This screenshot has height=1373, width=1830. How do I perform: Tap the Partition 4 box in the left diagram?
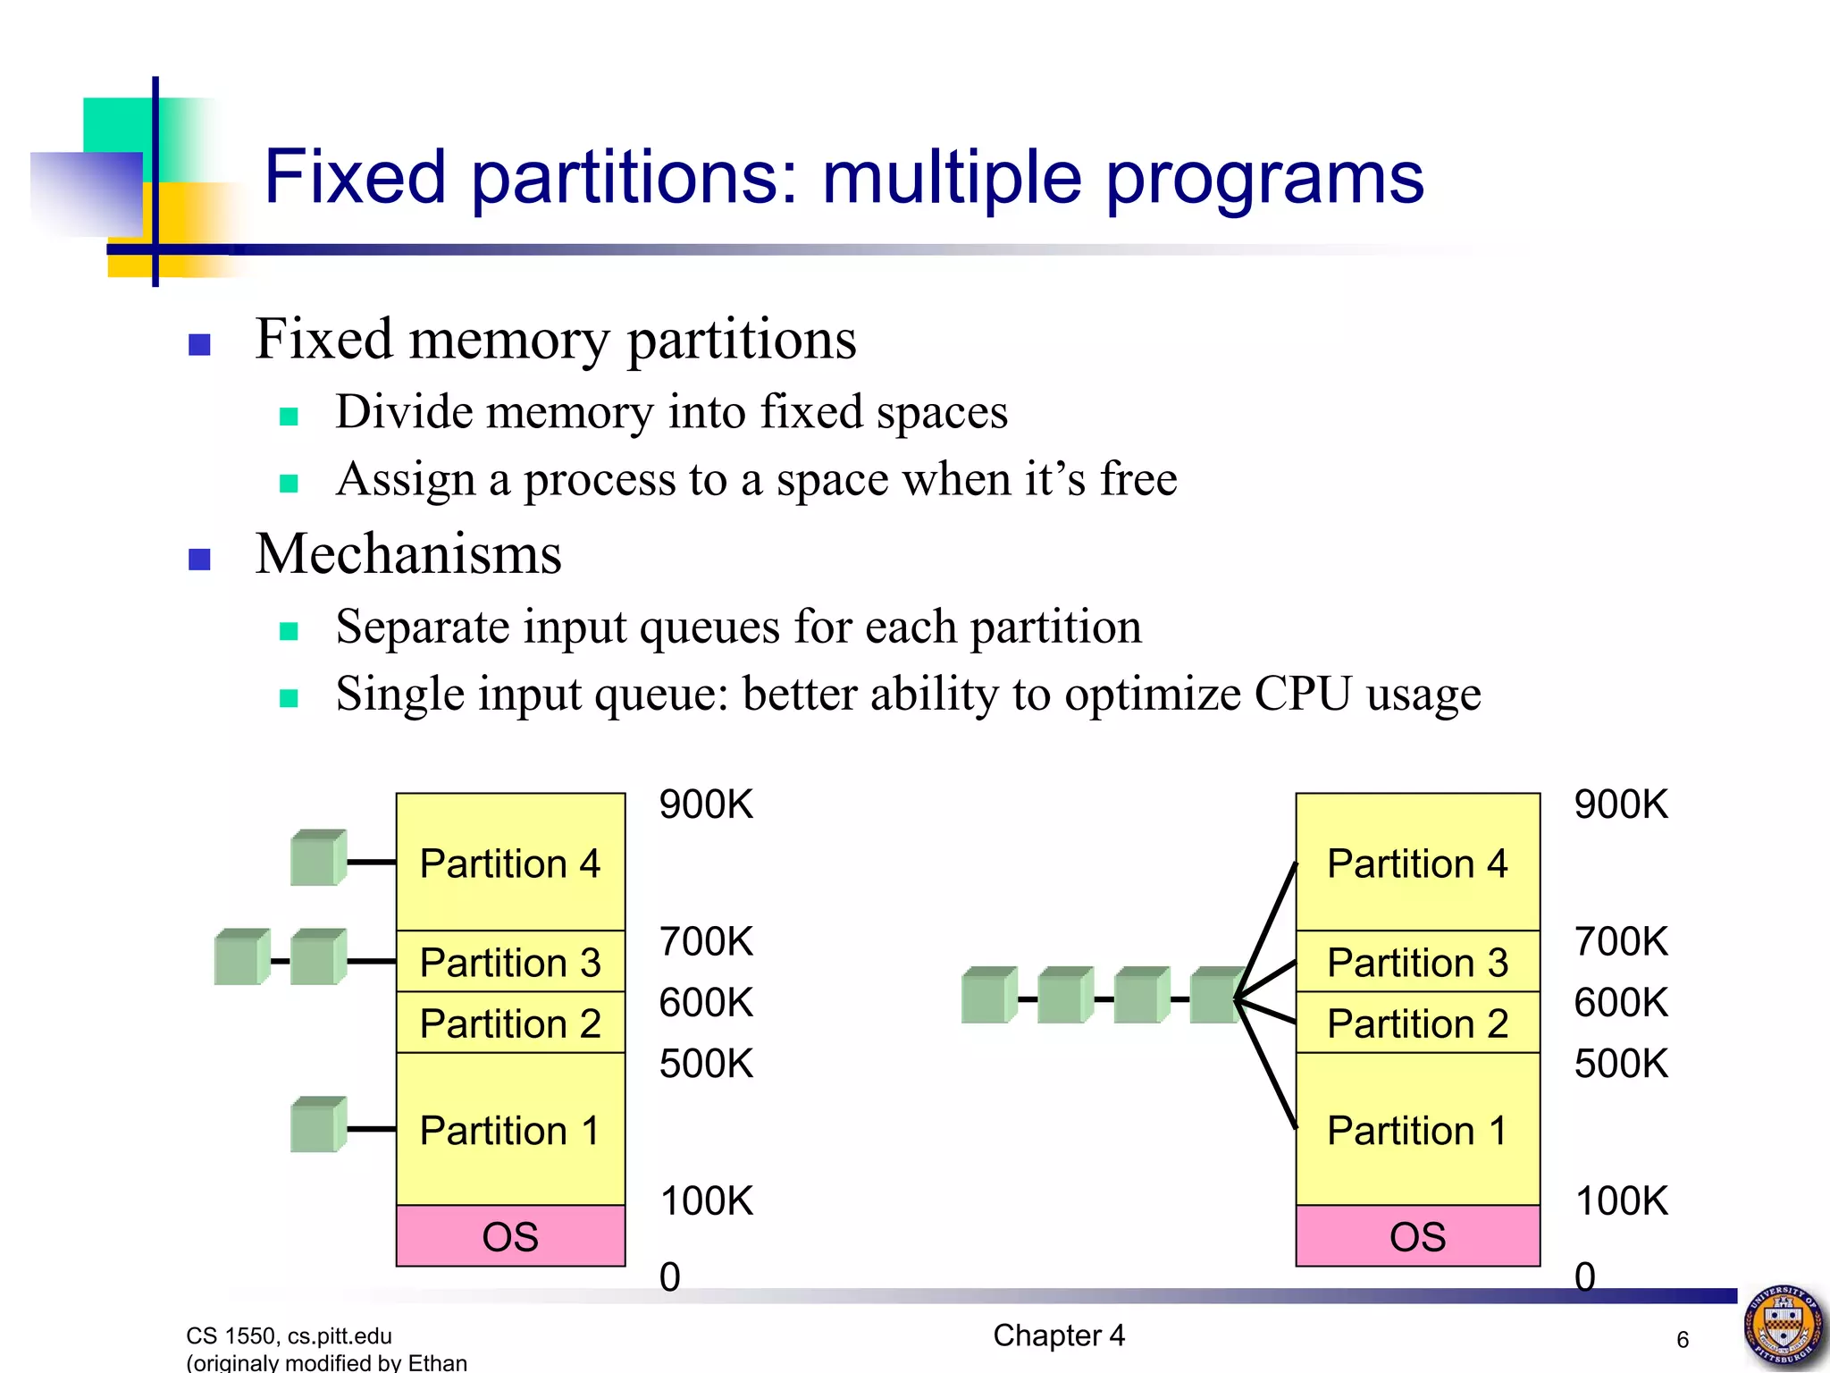point(510,862)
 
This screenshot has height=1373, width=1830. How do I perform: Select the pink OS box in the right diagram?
point(1417,1236)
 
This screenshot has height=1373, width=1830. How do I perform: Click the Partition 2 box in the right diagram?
point(1417,1023)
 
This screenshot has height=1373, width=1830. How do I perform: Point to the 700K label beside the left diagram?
point(706,941)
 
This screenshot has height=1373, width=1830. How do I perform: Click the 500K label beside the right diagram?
point(1621,1064)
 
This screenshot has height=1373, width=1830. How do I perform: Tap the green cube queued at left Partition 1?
point(317,1125)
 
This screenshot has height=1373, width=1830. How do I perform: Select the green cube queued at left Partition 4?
point(317,859)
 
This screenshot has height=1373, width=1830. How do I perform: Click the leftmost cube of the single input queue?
point(987,995)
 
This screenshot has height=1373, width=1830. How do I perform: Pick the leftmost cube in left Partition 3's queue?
point(241,957)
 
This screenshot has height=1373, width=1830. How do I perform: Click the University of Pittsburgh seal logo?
point(1783,1326)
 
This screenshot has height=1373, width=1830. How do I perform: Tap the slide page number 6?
point(1683,1339)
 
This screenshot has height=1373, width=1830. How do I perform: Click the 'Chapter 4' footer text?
point(1059,1335)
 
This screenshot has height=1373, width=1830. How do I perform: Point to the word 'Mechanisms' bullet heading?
point(408,554)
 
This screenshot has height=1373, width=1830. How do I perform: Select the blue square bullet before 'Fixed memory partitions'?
point(199,344)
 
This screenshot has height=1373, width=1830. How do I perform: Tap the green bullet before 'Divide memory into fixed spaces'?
point(288,416)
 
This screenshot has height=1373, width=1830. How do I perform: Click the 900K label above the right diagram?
point(1621,804)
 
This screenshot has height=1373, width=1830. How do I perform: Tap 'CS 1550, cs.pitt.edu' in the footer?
point(289,1335)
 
